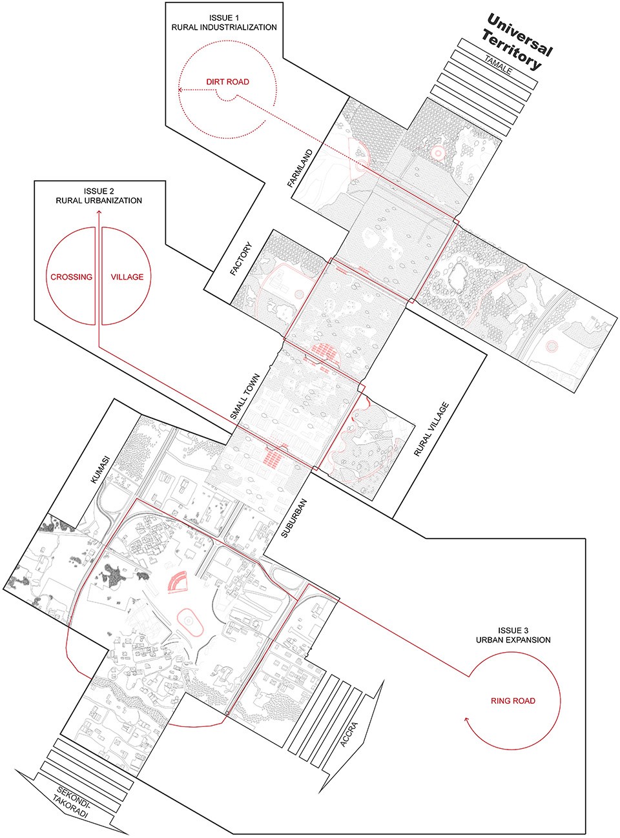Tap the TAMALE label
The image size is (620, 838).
[499, 65]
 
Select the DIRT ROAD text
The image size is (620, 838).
[227, 82]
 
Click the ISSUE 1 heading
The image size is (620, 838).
[224, 18]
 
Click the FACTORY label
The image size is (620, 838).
[240, 259]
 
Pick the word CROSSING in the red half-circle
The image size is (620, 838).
[72, 277]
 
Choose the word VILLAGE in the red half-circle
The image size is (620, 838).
[127, 277]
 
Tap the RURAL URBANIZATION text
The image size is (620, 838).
[99, 201]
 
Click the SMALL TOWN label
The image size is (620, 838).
[245, 396]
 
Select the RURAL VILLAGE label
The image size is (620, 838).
[431, 429]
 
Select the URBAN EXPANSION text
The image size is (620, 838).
[513, 640]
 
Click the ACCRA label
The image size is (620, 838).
[349, 735]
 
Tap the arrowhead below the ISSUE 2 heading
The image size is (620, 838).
[99, 213]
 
